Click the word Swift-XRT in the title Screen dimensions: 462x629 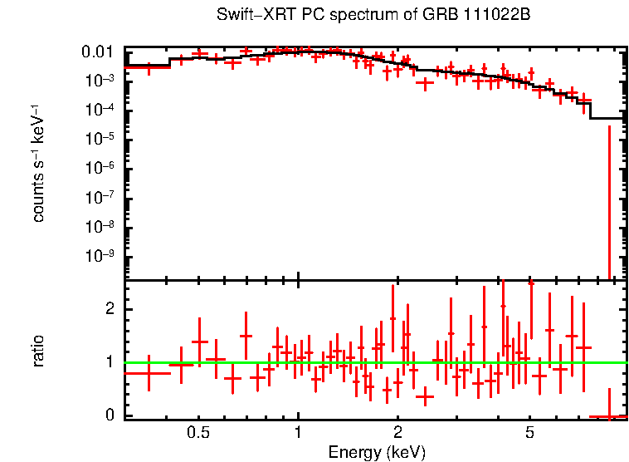tap(248, 16)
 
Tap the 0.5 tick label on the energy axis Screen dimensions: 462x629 tap(197, 433)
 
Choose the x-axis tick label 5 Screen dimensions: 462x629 tap(529, 433)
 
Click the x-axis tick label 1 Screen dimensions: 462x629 tap(298, 433)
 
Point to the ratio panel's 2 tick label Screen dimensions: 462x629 tap(108, 309)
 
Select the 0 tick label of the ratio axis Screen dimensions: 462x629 tap(108, 415)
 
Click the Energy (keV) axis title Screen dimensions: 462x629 tap(377, 452)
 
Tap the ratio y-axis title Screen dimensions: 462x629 tap(38, 351)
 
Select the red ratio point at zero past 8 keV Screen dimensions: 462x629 tap(609, 415)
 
